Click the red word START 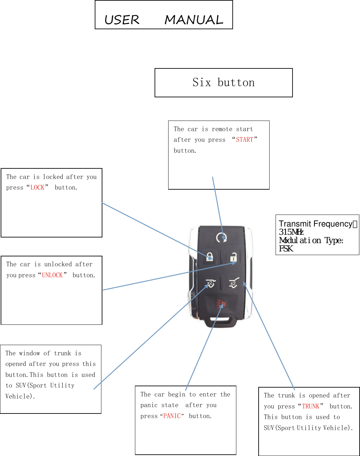pos(245,140)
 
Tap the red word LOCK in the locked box pos(37,188)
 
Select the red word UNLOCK pos(52,275)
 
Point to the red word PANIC pos(172,416)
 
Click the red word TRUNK pos(310,407)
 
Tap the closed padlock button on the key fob pos(210,256)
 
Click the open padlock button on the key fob pos(233,257)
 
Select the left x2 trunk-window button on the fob pos(210,283)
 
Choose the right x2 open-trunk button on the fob pos(234,283)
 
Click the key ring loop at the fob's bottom pos(221,321)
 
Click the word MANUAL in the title pos(194,20)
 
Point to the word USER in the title pos(122,20)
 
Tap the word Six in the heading pos(202,82)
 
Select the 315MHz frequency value pos(291,232)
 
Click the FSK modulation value pos(286,249)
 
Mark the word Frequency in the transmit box pos(332,224)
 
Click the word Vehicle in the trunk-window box pos(19,396)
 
